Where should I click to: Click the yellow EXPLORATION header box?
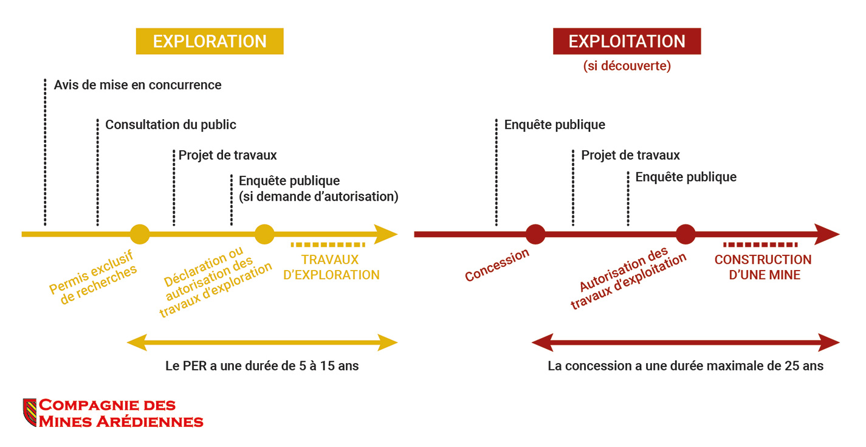(x=210, y=41)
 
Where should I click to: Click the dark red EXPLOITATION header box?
(x=627, y=41)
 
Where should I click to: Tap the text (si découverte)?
(x=627, y=66)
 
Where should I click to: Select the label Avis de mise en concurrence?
(x=137, y=85)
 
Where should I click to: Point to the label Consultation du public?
(x=171, y=125)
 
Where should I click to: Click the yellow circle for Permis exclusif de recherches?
(x=140, y=234)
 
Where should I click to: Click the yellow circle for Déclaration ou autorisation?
(x=264, y=234)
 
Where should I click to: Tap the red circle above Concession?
(x=535, y=234)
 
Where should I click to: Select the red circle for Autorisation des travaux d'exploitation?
(x=686, y=234)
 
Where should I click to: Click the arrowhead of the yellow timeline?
(x=386, y=234)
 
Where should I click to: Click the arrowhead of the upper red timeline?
(x=826, y=234)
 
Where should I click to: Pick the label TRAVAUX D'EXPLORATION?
(x=331, y=267)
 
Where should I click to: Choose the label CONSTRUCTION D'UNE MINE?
(x=763, y=267)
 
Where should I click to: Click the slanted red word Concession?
(x=497, y=265)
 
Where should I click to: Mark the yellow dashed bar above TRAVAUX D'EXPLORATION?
(x=328, y=244)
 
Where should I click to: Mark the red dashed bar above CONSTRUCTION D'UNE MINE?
(x=760, y=244)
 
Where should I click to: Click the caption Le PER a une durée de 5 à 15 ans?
(x=262, y=366)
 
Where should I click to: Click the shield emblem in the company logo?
(x=30, y=412)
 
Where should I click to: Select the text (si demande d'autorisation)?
(x=318, y=196)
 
